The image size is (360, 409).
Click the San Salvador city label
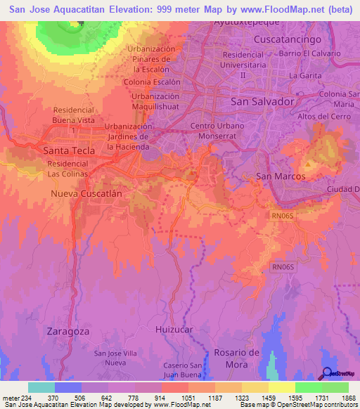click(x=262, y=102)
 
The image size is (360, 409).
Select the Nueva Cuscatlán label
click(x=86, y=192)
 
